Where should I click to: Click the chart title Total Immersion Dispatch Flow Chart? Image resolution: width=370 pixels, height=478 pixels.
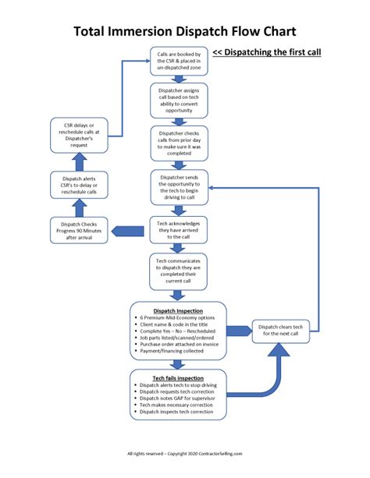[x=185, y=31]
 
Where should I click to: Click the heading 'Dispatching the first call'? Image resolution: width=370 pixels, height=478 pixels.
[x=267, y=54]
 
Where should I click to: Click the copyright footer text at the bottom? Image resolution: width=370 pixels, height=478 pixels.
[x=185, y=454]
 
